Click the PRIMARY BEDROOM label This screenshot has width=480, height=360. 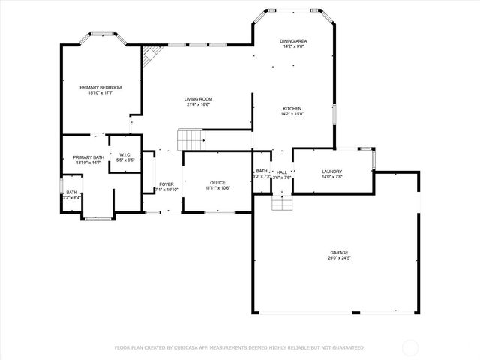click(100, 88)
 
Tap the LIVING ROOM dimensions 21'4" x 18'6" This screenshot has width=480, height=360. click(199, 104)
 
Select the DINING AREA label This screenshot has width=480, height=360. click(294, 41)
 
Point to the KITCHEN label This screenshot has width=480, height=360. click(291, 108)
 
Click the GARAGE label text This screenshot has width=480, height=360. click(339, 252)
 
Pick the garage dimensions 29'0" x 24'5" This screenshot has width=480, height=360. click(339, 258)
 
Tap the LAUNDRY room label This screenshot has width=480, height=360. click(331, 172)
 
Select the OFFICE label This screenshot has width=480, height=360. click(217, 182)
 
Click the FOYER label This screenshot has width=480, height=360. click(166, 184)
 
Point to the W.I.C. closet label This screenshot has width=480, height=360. click(125, 155)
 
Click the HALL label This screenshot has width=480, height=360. click(282, 172)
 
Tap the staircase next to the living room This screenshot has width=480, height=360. click(190, 139)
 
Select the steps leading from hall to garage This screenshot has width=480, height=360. click(280, 202)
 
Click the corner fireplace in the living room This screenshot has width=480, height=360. click(151, 55)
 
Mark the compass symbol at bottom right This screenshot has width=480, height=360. click(410, 347)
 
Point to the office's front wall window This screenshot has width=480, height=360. click(220, 213)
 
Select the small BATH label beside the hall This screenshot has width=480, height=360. click(262, 172)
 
